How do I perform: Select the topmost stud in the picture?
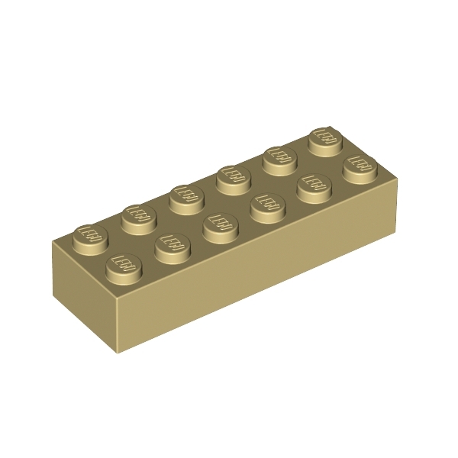click(x=324, y=139)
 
